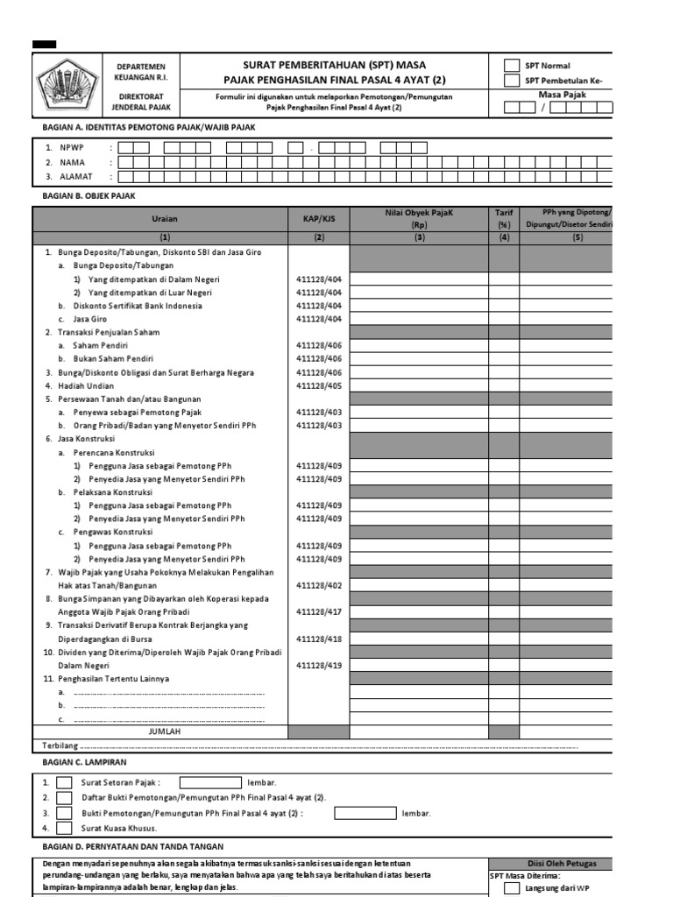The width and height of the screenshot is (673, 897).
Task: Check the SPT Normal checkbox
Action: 511,66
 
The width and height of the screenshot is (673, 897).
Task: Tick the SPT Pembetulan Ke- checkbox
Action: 511,81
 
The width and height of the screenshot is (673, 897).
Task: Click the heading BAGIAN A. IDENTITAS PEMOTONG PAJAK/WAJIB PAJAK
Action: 149,127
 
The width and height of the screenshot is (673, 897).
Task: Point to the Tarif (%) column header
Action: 504,218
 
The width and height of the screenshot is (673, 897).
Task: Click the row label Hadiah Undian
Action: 86,385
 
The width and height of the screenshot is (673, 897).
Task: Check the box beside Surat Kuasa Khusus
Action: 64,828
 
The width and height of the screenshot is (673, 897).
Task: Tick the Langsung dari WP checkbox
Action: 511,888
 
